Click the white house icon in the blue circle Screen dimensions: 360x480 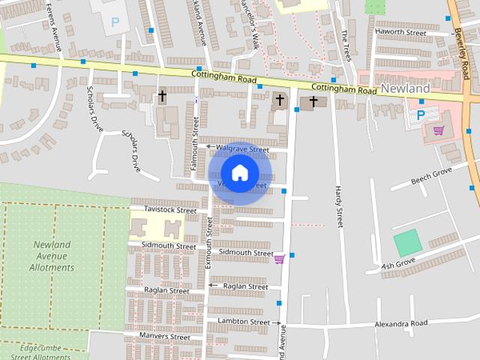(239, 173)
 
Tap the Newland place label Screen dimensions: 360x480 (405, 88)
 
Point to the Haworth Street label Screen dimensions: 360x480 (400, 32)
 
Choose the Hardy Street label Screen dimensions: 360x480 (339, 206)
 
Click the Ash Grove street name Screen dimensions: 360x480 (398, 265)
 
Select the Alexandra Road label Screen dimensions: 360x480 (401, 323)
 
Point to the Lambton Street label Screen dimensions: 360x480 (243, 322)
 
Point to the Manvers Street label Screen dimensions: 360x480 (164, 336)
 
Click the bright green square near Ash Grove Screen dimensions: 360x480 (407, 243)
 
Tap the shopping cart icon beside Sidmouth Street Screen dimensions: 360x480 (279, 259)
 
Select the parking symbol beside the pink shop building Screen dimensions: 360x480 (421, 115)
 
